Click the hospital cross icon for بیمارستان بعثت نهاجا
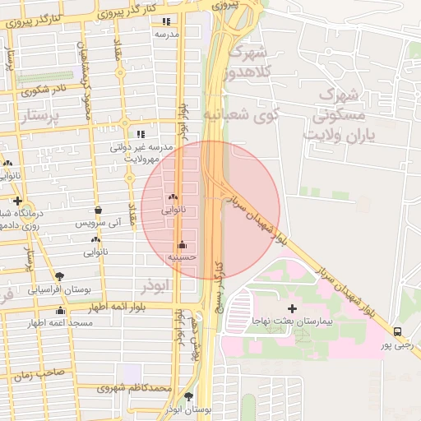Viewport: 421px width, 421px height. point(292,308)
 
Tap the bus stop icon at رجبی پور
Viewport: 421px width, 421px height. point(398,331)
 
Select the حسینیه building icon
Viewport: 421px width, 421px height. point(182,245)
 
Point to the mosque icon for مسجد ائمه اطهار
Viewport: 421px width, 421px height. point(60,310)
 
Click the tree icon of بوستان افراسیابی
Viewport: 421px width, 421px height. point(58,275)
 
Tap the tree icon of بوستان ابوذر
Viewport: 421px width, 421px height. point(188,396)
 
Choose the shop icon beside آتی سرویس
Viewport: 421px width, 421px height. point(98,210)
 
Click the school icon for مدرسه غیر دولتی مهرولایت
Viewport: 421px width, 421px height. point(141,133)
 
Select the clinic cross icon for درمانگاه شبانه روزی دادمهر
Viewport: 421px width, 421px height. point(16,200)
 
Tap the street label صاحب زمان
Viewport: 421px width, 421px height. point(33,374)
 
